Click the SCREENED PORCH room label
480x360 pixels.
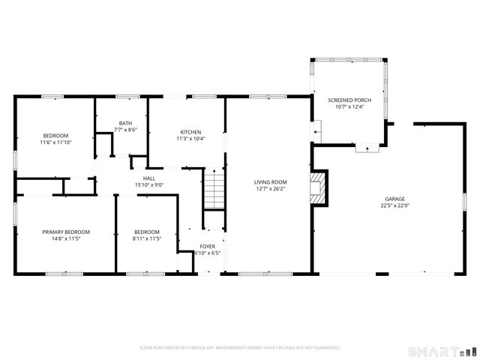349,100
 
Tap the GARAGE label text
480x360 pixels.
395,199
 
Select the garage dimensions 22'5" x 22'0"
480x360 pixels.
395,205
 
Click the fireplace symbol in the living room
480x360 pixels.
319,188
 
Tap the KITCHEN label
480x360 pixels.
190,132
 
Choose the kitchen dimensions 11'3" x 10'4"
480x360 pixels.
190,139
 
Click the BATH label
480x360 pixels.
125,123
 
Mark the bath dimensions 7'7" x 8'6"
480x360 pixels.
125,130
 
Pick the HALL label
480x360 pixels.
149,178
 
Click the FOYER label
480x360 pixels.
207,246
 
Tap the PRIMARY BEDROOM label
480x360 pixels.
66,232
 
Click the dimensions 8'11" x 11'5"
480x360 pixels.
148,238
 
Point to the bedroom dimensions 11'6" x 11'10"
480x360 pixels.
55,142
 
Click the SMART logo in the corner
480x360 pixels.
441,351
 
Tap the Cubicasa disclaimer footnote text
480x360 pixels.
240,347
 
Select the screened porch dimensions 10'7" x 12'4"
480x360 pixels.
349,106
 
